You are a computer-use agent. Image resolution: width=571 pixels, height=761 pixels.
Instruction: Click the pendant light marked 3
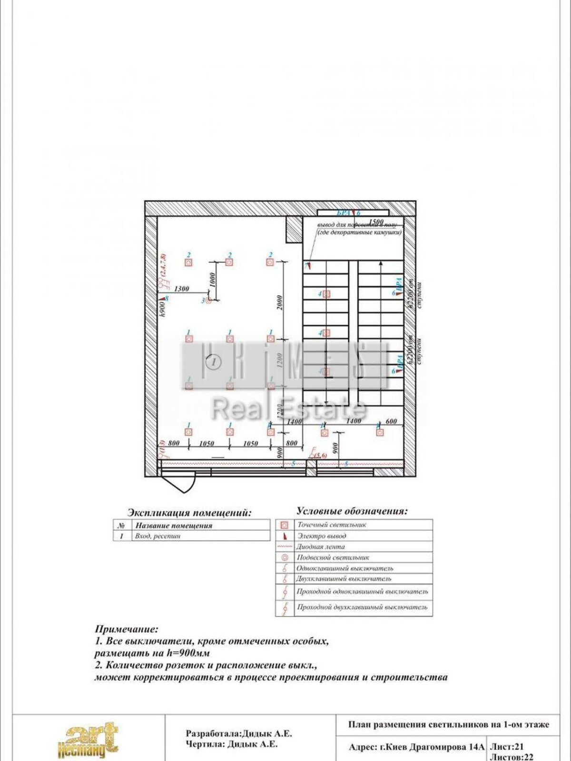(207, 301)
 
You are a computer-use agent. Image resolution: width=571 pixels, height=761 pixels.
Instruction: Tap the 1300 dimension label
(181, 289)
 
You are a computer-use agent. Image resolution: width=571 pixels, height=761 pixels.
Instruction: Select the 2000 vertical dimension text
(280, 302)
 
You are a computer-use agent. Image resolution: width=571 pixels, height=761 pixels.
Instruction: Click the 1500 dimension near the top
(376, 222)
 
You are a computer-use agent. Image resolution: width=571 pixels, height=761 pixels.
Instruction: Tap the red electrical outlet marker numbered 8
(162, 297)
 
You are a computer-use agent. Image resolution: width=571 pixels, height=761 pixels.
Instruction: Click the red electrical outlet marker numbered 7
(308, 265)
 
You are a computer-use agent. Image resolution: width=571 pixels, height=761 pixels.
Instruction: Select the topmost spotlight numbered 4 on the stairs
(326, 294)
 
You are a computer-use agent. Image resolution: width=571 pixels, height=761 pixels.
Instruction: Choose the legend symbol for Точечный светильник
(285, 525)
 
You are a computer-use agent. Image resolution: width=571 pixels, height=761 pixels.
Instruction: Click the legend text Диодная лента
(320, 547)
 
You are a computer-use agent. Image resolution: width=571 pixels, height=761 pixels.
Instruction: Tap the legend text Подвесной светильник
(333, 557)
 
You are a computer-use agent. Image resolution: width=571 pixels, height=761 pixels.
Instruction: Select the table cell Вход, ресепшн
(158, 536)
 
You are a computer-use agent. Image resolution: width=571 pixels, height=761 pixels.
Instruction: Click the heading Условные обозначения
(352, 512)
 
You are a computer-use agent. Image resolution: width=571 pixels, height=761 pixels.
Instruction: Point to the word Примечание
(126, 629)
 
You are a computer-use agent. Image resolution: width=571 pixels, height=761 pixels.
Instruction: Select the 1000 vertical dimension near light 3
(213, 279)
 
